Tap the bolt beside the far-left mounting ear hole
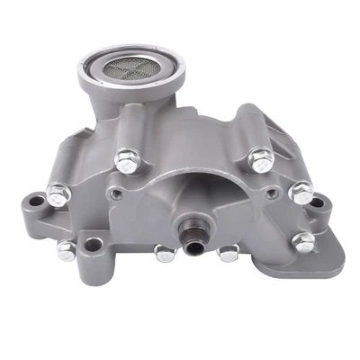pos(58,191)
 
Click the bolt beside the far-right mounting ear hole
pos(303,192)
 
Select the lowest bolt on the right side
pos(305,240)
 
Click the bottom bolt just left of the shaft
pos(164,253)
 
